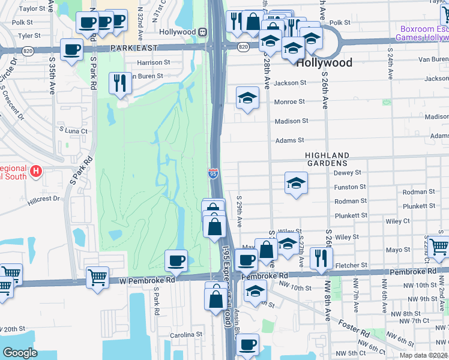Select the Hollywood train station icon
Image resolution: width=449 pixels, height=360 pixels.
(x=203, y=32)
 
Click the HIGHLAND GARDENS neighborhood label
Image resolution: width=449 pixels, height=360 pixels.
(x=326, y=159)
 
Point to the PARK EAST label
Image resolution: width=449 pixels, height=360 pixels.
(x=133, y=47)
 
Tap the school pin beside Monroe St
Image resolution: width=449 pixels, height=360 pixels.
(x=247, y=98)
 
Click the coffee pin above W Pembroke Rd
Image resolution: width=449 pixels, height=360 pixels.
(x=176, y=260)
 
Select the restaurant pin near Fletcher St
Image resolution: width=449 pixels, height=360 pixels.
(x=321, y=258)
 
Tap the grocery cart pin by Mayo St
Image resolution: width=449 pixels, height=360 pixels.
(x=438, y=246)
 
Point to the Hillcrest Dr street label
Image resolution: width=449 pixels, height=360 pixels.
(x=44, y=199)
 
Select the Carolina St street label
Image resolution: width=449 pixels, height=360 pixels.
(x=185, y=335)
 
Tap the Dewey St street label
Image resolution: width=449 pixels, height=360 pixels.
(x=346, y=172)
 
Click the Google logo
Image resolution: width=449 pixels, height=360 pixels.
(x=20, y=353)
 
